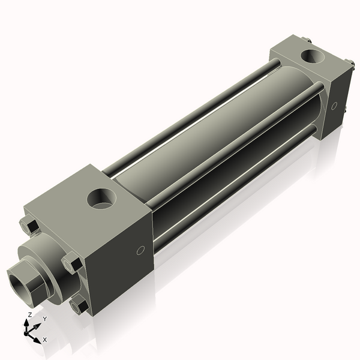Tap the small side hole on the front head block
tap(141, 250)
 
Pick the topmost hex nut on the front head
tap(29, 226)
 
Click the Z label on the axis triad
tap(30, 315)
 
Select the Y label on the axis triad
tap(44, 319)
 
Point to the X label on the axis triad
tap(44, 340)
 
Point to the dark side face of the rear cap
tap(339, 102)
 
